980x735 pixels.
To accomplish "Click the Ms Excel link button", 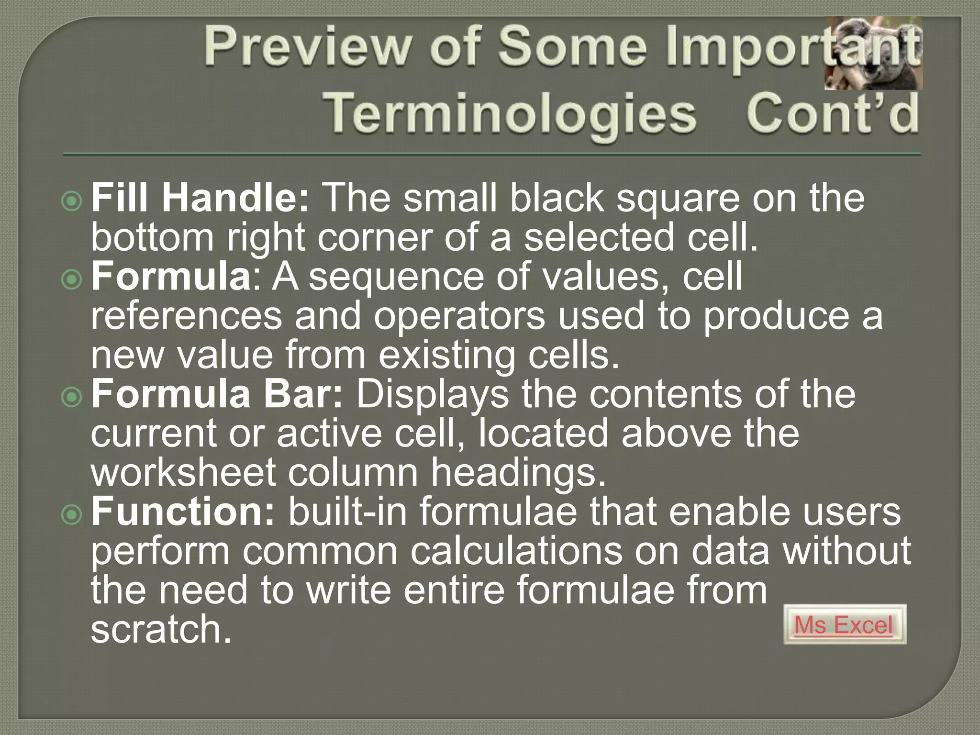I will tap(844, 624).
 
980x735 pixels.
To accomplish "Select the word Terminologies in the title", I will tap(510, 115).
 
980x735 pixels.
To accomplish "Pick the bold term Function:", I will tap(183, 512).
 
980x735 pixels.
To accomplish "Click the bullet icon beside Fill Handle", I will tap(72, 201).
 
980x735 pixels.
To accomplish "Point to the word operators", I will tap(459, 316).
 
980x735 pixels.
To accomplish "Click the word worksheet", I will tap(183, 473).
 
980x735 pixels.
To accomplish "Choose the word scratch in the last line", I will tap(161, 629).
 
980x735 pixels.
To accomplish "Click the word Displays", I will tap(433, 395).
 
